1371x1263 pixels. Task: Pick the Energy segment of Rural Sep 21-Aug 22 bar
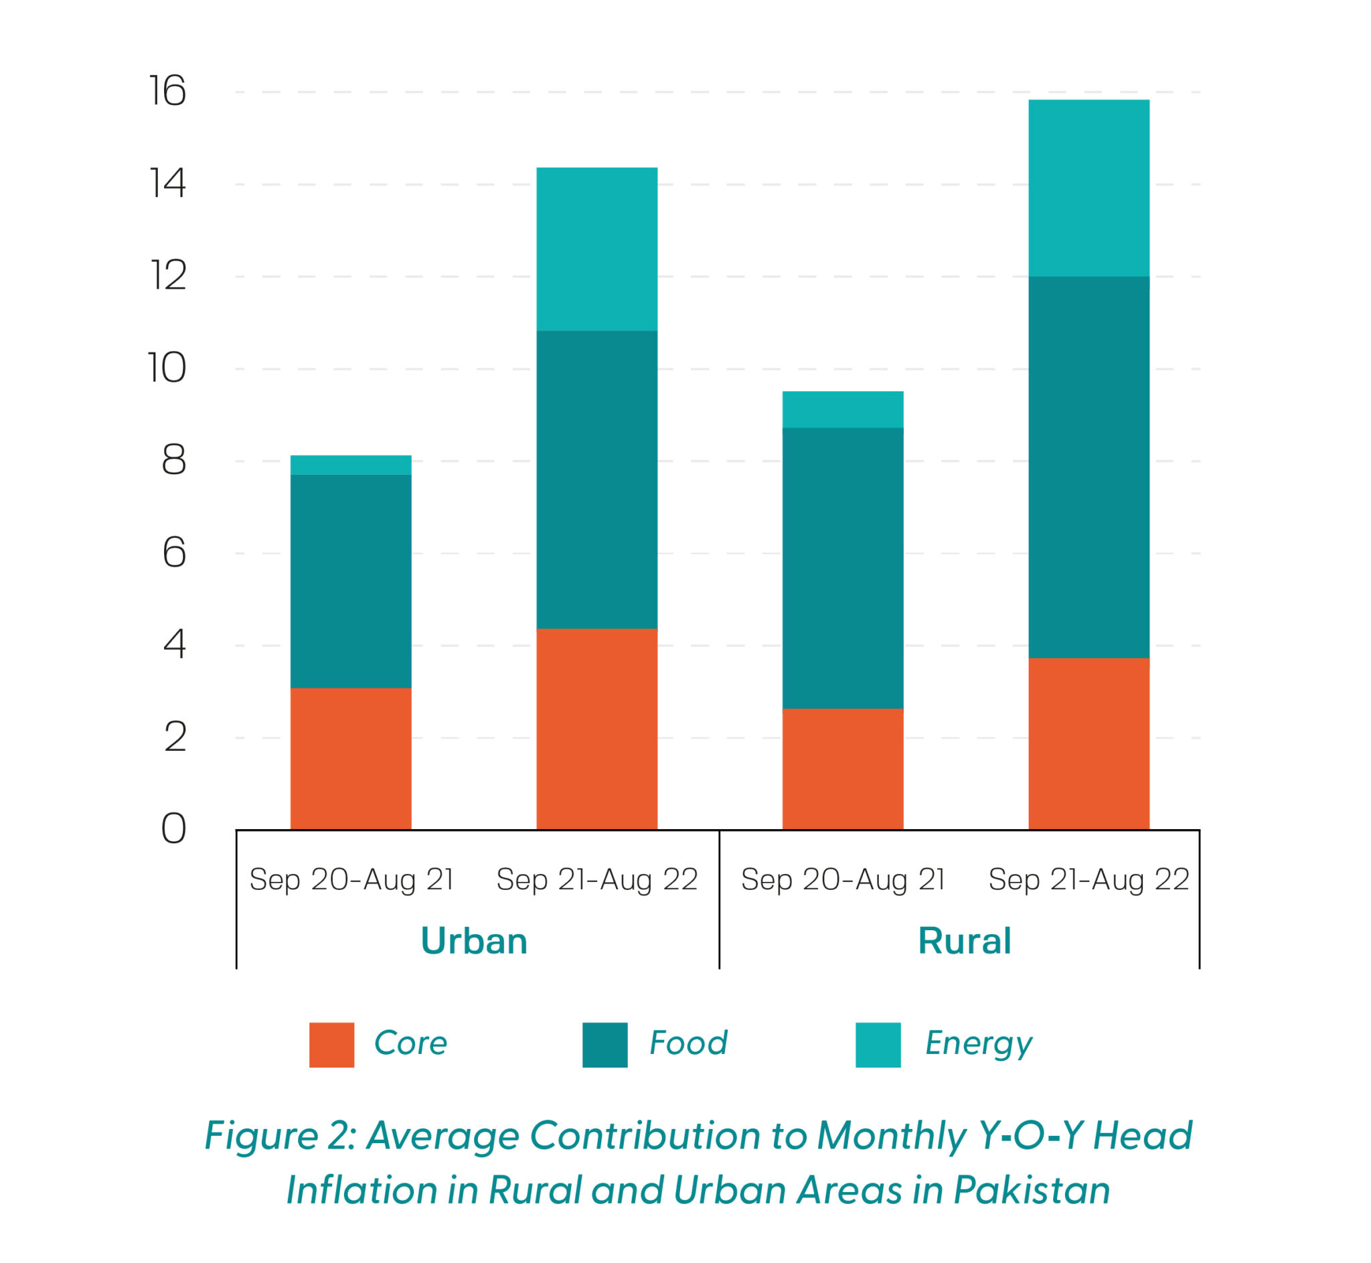1088,188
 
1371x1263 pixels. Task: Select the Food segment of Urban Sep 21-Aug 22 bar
596,479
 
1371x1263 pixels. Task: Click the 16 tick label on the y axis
167,91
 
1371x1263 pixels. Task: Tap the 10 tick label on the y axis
167,368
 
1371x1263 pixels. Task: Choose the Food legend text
688,1043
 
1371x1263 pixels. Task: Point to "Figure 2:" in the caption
280,1137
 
